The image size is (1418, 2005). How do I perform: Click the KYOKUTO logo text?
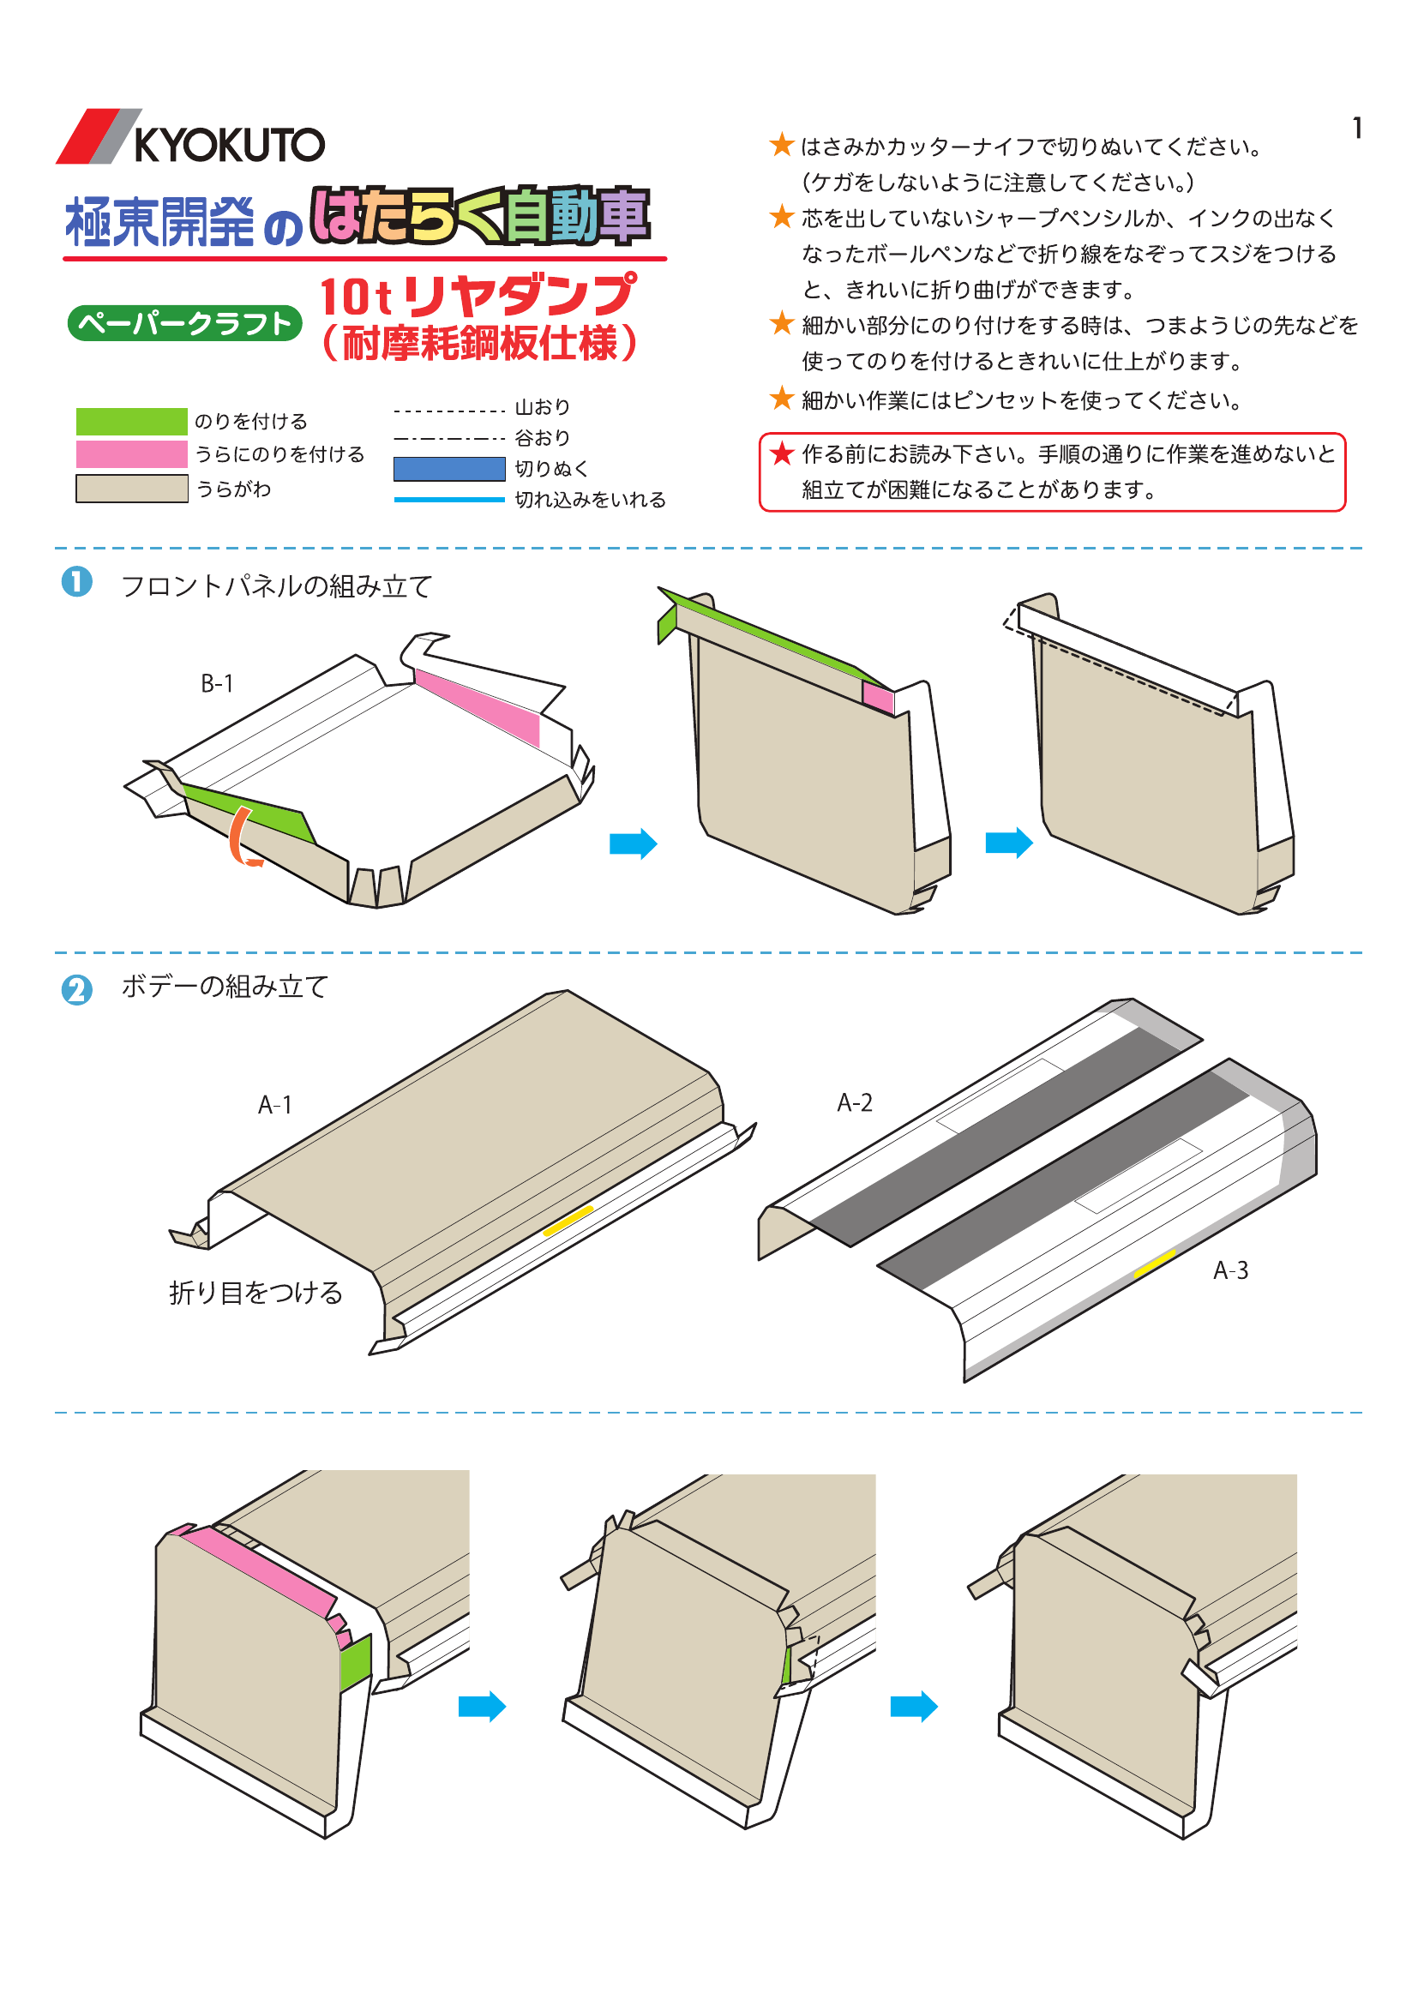click(229, 144)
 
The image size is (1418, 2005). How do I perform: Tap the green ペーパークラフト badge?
click(184, 323)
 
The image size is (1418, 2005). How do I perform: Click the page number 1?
click(1357, 129)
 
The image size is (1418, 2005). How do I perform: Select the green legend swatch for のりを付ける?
click(132, 421)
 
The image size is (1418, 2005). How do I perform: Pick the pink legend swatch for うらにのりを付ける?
click(132, 454)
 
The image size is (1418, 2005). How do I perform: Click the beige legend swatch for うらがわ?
click(132, 488)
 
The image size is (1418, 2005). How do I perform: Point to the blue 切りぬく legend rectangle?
click(448, 469)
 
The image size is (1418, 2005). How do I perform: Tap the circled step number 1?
click(77, 581)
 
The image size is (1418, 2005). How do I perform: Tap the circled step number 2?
click(77, 989)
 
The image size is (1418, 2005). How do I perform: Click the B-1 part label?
click(218, 683)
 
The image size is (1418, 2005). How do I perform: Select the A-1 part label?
click(274, 1105)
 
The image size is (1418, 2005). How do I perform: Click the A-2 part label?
click(854, 1102)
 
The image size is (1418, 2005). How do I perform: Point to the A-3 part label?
click(1229, 1270)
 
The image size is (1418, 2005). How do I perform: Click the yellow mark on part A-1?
click(568, 1220)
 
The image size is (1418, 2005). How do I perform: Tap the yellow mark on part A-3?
click(1154, 1264)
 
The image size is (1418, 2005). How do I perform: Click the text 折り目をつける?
click(255, 1293)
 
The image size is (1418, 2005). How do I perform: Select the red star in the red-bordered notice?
click(782, 453)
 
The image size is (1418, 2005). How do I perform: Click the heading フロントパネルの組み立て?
click(276, 585)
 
